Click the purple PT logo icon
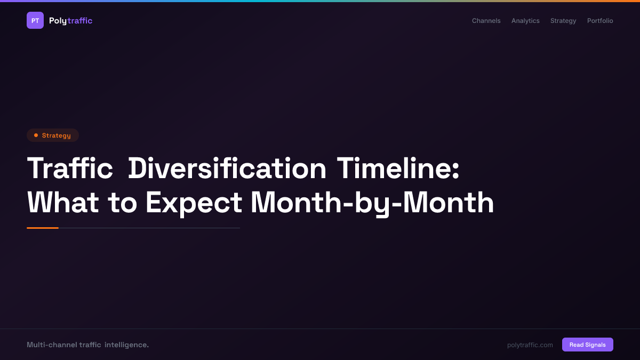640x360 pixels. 35,20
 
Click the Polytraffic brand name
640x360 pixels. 70,21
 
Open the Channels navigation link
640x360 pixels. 486,21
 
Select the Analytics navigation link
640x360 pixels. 525,21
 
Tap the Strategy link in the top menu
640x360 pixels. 563,21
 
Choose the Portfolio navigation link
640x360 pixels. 600,21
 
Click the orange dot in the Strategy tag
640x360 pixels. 36,135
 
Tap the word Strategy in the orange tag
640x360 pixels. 56,135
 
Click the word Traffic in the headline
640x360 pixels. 70,169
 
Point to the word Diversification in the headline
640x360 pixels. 227,169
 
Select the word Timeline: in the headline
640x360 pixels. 398,169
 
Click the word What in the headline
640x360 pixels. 63,203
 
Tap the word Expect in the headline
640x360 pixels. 194,203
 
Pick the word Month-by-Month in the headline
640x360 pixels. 372,203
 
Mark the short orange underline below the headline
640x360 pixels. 43,228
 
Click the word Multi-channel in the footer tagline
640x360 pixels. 52,345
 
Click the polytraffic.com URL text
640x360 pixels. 530,345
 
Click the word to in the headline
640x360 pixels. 122,203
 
